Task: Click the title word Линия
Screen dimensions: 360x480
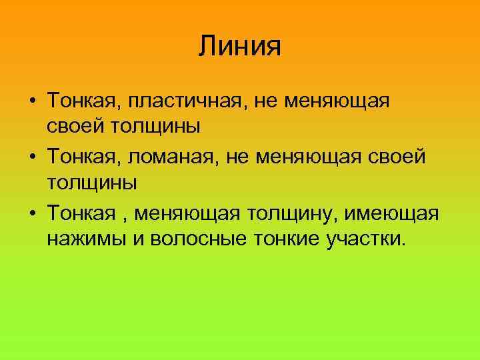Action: click(240, 46)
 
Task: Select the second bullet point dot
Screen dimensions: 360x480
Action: click(32, 158)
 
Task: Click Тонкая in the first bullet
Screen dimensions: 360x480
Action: click(77, 102)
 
